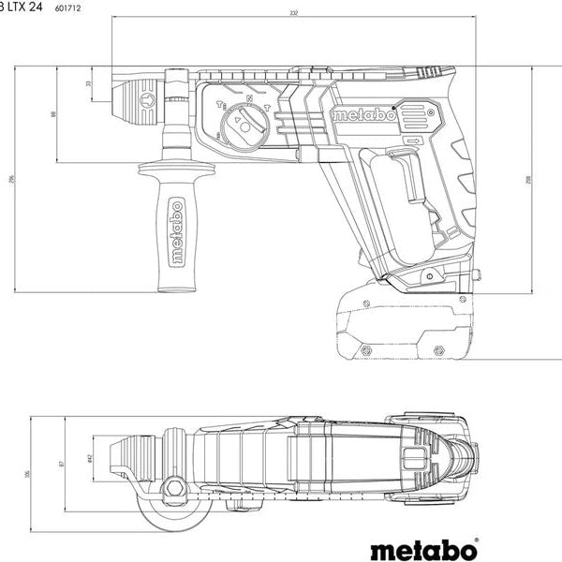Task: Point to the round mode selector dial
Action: tap(244, 124)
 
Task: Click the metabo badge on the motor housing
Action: tap(362, 114)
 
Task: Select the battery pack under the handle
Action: tap(405, 321)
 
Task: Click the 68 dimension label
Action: tap(53, 114)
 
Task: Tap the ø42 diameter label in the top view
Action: tap(90, 458)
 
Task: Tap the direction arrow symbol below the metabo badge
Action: tap(412, 140)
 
